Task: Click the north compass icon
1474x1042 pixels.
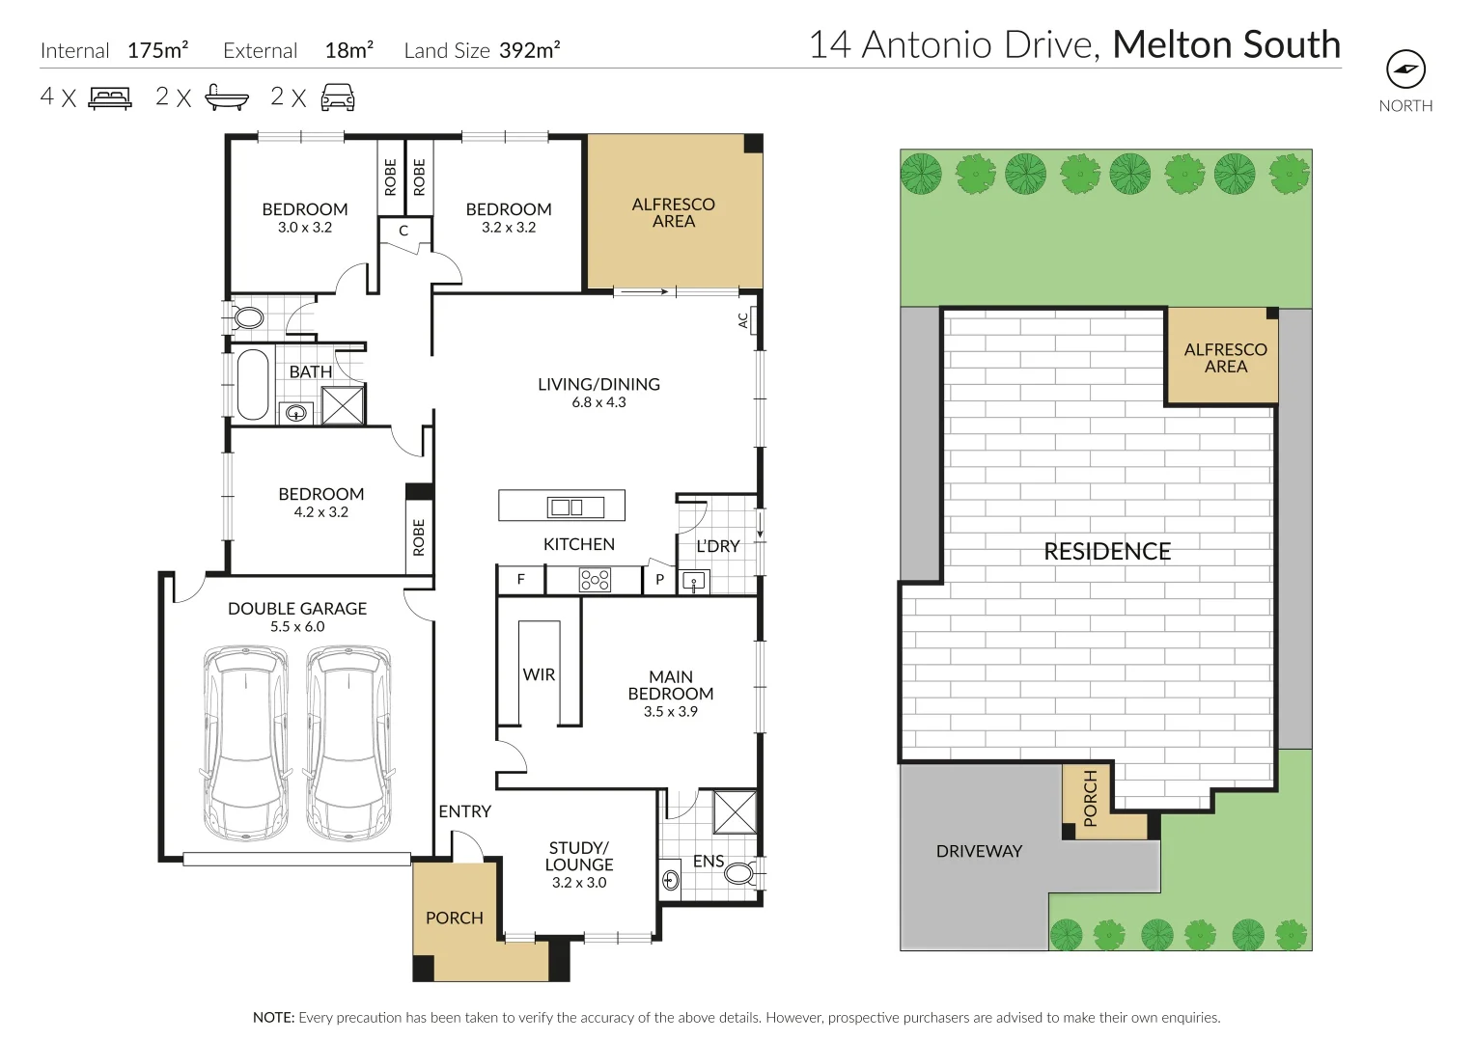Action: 1405,69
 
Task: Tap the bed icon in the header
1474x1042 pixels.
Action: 111,98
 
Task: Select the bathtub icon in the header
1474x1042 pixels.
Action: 227,97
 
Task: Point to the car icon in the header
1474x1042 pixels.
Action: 338,97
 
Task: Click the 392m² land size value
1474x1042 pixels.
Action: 530,50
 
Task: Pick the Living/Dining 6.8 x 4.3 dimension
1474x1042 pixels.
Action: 598,402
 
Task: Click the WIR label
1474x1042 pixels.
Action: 539,674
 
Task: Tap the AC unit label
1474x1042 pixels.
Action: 743,320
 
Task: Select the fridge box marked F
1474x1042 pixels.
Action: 521,580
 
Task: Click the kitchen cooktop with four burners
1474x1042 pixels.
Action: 595,580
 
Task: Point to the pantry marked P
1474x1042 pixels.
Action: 659,580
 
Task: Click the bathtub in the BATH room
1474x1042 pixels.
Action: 253,384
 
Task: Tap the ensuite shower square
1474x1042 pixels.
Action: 735,812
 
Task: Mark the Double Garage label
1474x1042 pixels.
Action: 297,609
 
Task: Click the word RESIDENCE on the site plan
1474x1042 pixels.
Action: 1107,551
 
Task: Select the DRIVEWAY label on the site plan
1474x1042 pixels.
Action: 979,851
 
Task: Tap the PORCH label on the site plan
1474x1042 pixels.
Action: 1091,798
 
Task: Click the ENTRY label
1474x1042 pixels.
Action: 465,811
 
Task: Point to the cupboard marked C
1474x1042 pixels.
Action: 404,231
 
